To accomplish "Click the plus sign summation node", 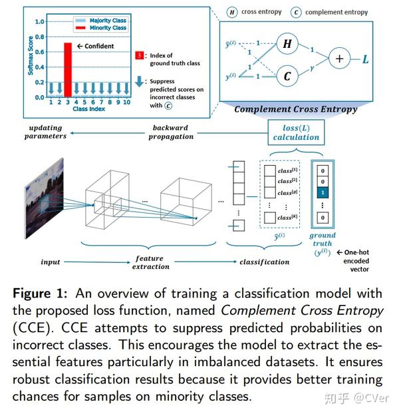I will (340, 59).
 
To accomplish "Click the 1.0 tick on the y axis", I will (39, 21).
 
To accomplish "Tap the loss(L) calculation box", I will (296, 132).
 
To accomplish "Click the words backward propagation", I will (172, 132).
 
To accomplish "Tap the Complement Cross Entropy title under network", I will (295, 109).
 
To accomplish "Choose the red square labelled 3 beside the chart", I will (139, 55).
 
